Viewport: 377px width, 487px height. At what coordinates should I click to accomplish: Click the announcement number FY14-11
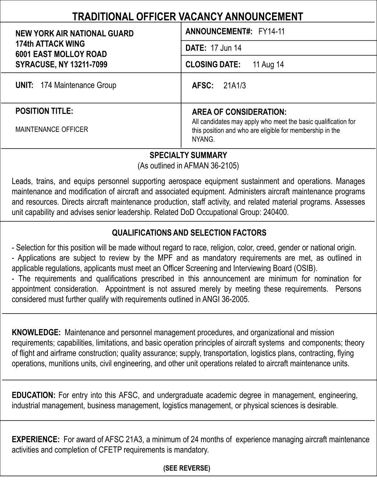272,32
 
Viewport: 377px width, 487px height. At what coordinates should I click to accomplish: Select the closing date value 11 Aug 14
268,65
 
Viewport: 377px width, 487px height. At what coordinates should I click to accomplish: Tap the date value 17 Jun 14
226,48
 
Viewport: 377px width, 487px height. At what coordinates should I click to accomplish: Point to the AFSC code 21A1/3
235,86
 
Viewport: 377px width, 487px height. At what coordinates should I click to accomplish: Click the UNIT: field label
24,85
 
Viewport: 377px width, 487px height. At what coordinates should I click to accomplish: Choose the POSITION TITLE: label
44,111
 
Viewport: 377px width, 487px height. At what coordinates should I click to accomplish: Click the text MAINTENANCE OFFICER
52,129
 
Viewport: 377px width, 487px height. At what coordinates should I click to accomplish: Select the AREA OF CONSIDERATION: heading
239,112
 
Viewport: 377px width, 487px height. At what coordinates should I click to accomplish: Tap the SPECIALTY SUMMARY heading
188,155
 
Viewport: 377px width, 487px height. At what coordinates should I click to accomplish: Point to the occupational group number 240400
276,212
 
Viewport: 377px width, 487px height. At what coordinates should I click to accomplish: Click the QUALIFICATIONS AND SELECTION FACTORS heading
189,233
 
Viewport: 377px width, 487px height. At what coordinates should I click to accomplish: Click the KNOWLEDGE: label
36,333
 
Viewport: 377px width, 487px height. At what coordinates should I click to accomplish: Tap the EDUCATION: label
34,395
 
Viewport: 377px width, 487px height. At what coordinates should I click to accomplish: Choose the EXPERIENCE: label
36,440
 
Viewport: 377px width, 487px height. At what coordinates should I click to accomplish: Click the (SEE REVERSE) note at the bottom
187,468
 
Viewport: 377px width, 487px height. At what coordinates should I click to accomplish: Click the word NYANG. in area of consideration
203,139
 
